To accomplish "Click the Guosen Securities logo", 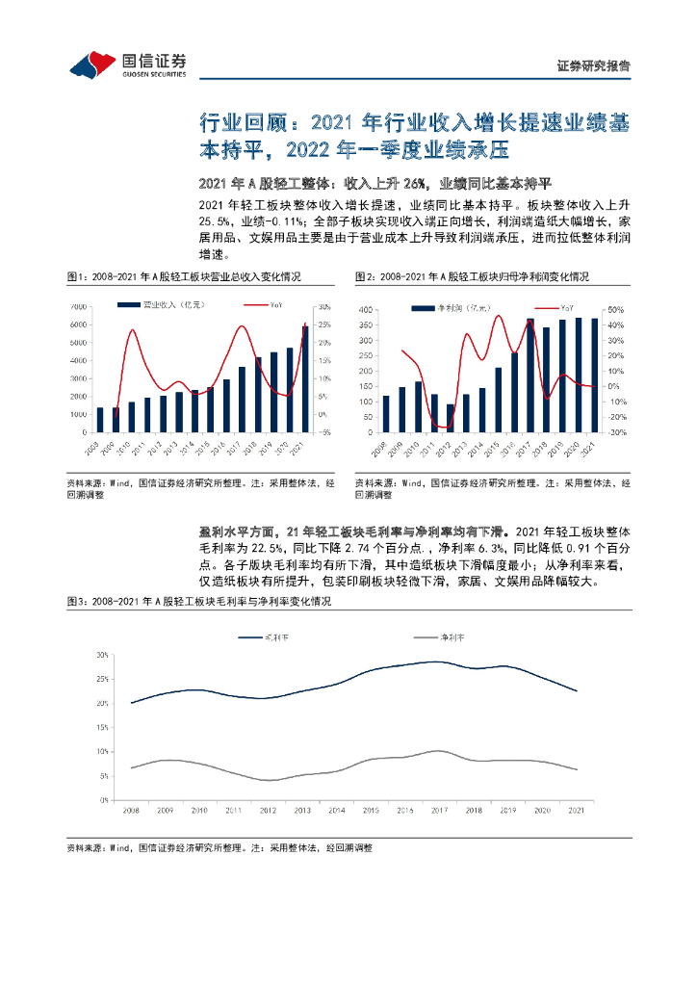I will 126,64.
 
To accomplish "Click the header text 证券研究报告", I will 594,66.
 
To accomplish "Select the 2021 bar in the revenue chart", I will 305,379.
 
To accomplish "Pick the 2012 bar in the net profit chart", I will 451,418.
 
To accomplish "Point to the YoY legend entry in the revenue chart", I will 274,305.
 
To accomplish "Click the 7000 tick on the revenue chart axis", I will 78,306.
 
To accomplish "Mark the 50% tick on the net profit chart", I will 616,311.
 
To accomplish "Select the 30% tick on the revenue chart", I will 324,306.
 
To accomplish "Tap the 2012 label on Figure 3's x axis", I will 269,812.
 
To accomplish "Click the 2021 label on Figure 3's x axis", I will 576,812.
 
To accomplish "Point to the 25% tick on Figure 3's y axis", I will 102,679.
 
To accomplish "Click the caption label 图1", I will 77,276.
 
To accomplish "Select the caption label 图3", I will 77,602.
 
